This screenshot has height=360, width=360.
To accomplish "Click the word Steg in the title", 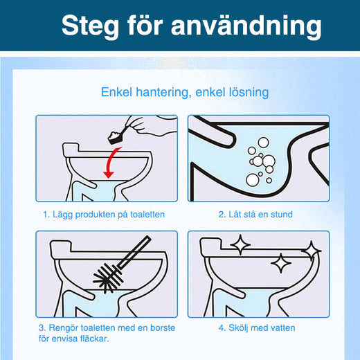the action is tap(90, 26).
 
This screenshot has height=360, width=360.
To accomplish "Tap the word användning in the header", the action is tap(246, 26).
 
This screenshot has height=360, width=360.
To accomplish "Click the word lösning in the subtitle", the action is tap(249, 93).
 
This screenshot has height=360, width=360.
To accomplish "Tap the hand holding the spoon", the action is tap(147, 126).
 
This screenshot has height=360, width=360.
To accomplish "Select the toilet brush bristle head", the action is tap(107, 278).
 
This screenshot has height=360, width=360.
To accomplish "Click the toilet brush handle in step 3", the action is tap(134, 252).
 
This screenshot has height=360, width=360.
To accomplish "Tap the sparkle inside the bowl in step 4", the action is tap(280, 263).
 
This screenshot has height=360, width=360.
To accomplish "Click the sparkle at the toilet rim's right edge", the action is tap(312, 251).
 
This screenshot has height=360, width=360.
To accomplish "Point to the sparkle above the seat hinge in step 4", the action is tap(240, 244).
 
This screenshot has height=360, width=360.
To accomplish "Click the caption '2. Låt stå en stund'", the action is tap(255, 215).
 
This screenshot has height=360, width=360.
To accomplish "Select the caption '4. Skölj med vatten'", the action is tap(257, 327).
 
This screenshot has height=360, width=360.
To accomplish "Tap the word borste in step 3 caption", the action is tap(163, 327).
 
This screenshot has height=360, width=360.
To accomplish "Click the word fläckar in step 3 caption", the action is tap(95, 339).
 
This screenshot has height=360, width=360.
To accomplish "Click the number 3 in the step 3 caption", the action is tap(42, 328).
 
